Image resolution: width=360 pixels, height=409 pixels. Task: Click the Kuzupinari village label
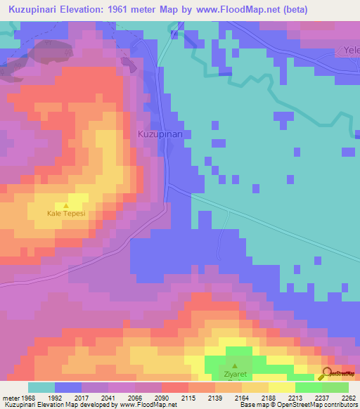160,134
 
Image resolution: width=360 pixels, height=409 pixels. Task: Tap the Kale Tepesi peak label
66,214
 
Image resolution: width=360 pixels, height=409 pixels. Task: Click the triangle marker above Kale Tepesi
66,205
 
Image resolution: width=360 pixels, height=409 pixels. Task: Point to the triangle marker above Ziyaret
236,365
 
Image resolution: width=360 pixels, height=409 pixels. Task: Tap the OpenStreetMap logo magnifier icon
326,374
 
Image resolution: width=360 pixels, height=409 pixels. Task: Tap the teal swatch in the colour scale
41,387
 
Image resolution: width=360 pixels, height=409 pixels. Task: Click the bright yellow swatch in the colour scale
282,387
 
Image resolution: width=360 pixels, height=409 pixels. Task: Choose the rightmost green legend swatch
335,387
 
